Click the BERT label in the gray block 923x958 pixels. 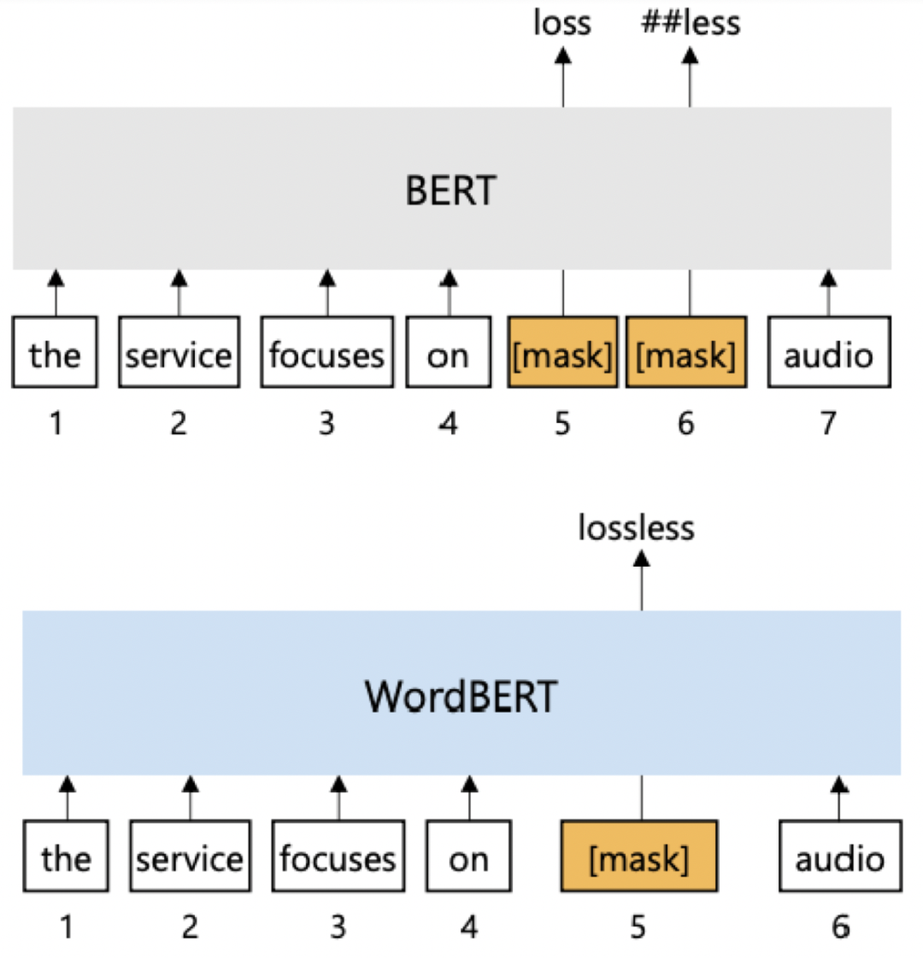click(450, 190)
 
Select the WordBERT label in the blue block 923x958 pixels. click(461, 696)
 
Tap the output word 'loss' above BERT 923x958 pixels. click(561, 23)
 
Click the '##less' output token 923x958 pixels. click(691, 23)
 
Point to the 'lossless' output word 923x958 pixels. click(636, 528)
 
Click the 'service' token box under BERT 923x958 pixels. click(179, 353)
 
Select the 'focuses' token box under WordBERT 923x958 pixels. click(338, 857)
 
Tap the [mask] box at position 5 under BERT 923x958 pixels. click(562, 353)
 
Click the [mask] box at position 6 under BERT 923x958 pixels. click(686, 353)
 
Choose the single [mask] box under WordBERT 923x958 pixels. click(638, 857)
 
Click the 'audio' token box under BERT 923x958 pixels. click(828, 353)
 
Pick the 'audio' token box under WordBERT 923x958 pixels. click(839, 857)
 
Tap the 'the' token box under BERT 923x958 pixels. click(55, 353)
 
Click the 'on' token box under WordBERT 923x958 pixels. click(468, 857)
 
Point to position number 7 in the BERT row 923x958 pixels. click(828, 423)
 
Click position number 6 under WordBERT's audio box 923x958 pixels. click(840, 926)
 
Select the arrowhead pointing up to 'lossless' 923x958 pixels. click(641, 560)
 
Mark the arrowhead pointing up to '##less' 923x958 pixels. click(690, 56)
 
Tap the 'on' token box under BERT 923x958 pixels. click(448, 353)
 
